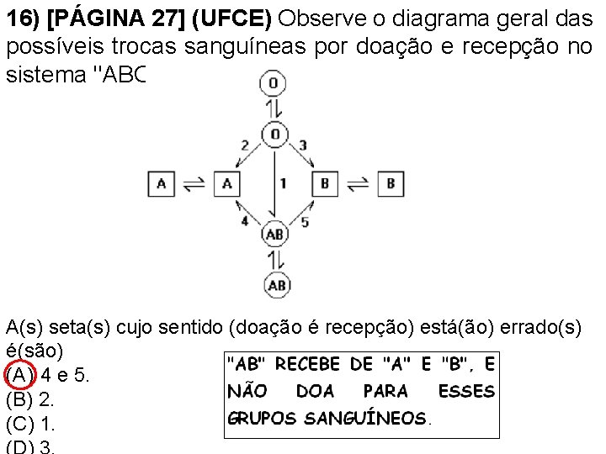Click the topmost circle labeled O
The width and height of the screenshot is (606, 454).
coord(274,82)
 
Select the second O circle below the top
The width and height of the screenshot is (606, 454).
coord(274,135)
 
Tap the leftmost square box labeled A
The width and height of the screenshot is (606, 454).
coord(161,183)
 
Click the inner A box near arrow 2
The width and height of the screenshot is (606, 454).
coord(225,183)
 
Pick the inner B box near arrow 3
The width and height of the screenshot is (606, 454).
coord(324,183)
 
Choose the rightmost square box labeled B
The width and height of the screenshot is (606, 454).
coord(390,183)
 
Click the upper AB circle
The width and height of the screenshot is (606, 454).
coord(275,234)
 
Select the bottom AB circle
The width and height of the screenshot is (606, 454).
coord(277,285)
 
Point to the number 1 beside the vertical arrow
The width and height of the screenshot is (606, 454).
coord(284,182)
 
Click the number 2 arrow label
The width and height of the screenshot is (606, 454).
coord(245,145)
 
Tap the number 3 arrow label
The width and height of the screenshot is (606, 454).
coord(303,145)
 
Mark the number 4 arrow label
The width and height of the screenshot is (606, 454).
coord(245,220)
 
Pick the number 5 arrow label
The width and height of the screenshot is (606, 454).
coord(305,221)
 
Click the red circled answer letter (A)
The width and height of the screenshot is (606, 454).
coord(19,373)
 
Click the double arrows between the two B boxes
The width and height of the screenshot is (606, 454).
coord(357,183)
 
